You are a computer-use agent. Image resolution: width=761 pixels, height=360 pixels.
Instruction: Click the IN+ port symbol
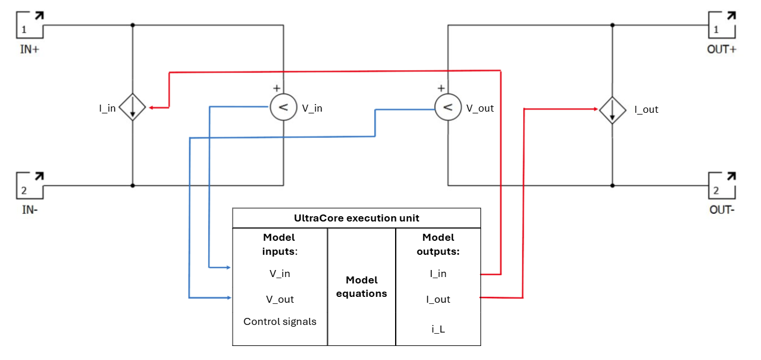coord(30,25)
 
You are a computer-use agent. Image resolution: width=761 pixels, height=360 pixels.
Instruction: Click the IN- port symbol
coord(30,185)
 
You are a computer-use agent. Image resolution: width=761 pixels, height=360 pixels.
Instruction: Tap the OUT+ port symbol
coord(722,25)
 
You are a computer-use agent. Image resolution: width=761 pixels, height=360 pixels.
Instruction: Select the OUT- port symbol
coord(722,185)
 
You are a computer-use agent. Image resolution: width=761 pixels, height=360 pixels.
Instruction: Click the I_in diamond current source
coord(133,108)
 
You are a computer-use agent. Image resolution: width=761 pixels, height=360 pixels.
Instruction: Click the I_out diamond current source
coord(613,110)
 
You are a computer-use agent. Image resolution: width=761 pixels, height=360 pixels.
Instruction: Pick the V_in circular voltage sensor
coord(283,108)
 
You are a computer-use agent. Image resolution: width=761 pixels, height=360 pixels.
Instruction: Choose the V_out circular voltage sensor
coord(448,108)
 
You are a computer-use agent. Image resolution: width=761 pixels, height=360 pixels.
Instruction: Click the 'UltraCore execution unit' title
coord(357,218)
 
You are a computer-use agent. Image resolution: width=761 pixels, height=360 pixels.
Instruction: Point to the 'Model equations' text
coord(361,286)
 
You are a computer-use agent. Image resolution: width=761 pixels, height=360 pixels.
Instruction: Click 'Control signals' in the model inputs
coord(279,321)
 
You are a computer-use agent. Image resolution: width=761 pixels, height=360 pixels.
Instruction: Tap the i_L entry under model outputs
coord(438,329)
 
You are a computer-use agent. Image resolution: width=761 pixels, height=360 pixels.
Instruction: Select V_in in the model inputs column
coord(279,274)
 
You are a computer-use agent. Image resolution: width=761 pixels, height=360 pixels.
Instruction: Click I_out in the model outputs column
coord(438,299)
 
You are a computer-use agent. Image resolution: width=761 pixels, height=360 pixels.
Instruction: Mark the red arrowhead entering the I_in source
coord(151,108)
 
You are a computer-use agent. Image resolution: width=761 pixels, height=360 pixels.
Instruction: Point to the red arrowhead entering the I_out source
coord(595,109)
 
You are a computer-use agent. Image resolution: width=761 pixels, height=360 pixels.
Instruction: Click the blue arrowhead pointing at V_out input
coord(229,298)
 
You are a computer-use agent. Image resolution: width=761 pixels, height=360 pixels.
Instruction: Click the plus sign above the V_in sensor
coord(276,88)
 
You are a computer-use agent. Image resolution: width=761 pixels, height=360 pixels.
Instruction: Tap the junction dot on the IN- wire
coord(133,185)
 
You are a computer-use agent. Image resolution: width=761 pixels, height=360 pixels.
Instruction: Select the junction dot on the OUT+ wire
coord(613,25)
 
